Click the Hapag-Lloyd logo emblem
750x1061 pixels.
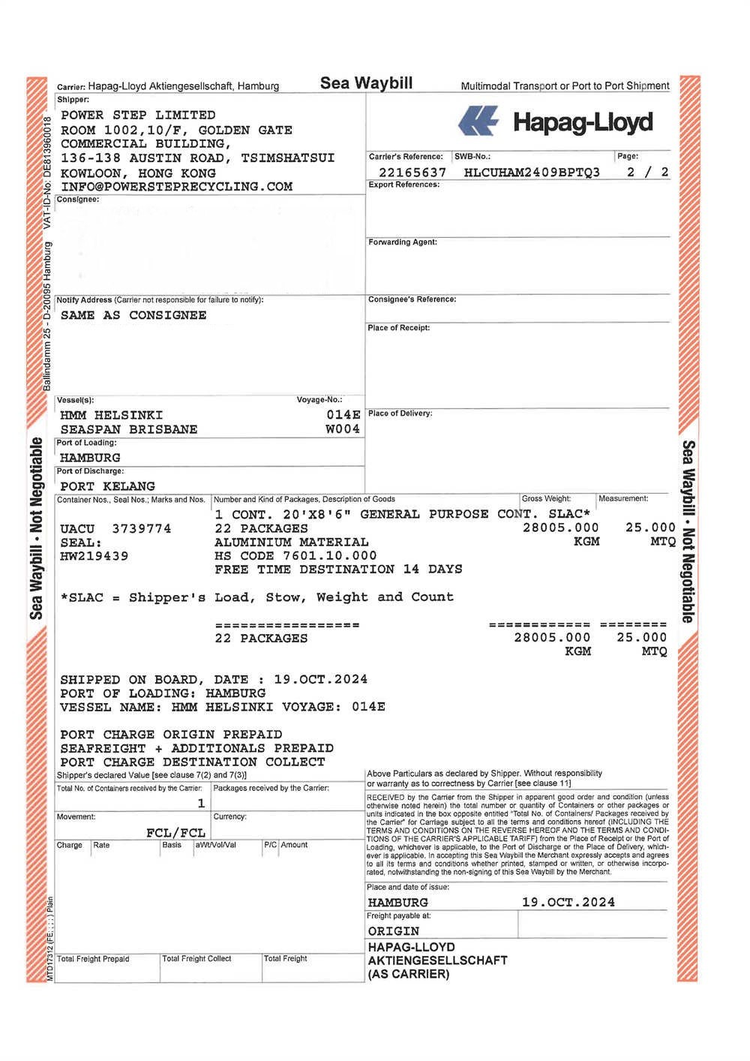pyautogui.click(x=478, y=121)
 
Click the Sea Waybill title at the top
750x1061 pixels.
pyautogui.click(x=366, y=83)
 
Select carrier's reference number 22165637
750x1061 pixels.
pyautogui.click(x=412, y=173)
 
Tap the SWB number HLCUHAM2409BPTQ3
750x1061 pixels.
pyautogui.click(x=532, y=173)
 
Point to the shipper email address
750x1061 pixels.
pyautogui.click(x=176, y=187)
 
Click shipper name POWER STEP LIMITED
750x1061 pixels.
pyautogui.click(x=138, y=116)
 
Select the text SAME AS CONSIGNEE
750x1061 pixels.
pyautogui.click(x=133, y=316)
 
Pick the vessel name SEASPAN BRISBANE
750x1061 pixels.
pyautogui.click(x=129, y=430)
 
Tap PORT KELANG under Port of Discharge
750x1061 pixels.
pyautogui.click(x=108, y=486)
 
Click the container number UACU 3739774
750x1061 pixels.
pyautogui.click(x=115, y=529)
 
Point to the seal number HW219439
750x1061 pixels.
pyautogui.click(x=94, y=557)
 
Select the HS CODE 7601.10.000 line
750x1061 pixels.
pyautogui.click(x=295, y=556)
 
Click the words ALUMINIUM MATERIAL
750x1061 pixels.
pyautogui.click(x=292, y=543)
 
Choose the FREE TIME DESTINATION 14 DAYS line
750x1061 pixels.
pyautogui.click(x=338, y=570)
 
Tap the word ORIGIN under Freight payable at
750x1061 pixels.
pyautogui.click(x=394, y=931)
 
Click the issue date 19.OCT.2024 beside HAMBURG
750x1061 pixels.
pyautogui.click(x=568, y=903)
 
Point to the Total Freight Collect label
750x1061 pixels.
pyautogui.click(x=196, y=959)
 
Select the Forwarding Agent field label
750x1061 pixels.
pyautogui.click(x=403, y=242)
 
